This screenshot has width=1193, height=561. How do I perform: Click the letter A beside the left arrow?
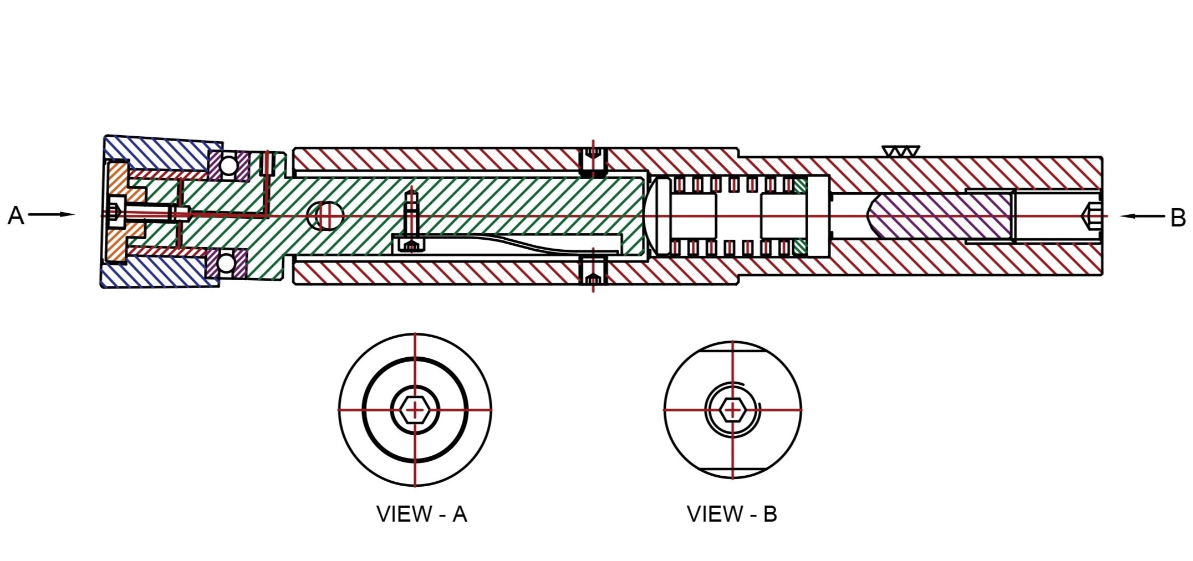16,215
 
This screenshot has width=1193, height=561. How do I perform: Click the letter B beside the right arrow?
1177,218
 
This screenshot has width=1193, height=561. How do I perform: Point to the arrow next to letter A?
51,214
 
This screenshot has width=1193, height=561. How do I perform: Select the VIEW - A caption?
421,514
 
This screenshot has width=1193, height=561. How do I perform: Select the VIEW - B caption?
732,514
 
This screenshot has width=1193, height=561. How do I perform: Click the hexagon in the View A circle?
415,410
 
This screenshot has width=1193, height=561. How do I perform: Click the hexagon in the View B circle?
732,410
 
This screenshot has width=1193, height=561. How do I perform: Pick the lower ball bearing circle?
226,263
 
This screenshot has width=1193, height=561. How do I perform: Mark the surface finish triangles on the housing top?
900,151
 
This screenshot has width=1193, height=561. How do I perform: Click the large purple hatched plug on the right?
940,216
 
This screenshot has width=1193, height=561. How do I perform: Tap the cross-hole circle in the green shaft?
325,215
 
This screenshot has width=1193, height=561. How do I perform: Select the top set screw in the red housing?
593,161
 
